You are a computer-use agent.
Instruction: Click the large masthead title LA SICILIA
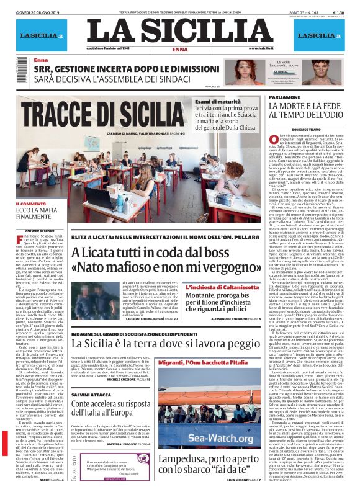[179, 32]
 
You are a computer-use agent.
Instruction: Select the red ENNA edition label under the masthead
[180, 49]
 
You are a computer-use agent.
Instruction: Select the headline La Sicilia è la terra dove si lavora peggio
[151, 342]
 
